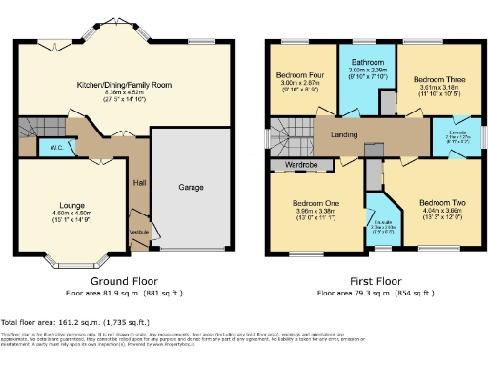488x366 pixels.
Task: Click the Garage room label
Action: (x=191, y=188)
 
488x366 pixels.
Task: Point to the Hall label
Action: (x=139, y=183)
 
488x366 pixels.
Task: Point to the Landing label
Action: (x=344, y=134)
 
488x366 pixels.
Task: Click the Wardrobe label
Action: (x=301, y=164)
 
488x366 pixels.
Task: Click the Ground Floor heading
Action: (x=125, y=282)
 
